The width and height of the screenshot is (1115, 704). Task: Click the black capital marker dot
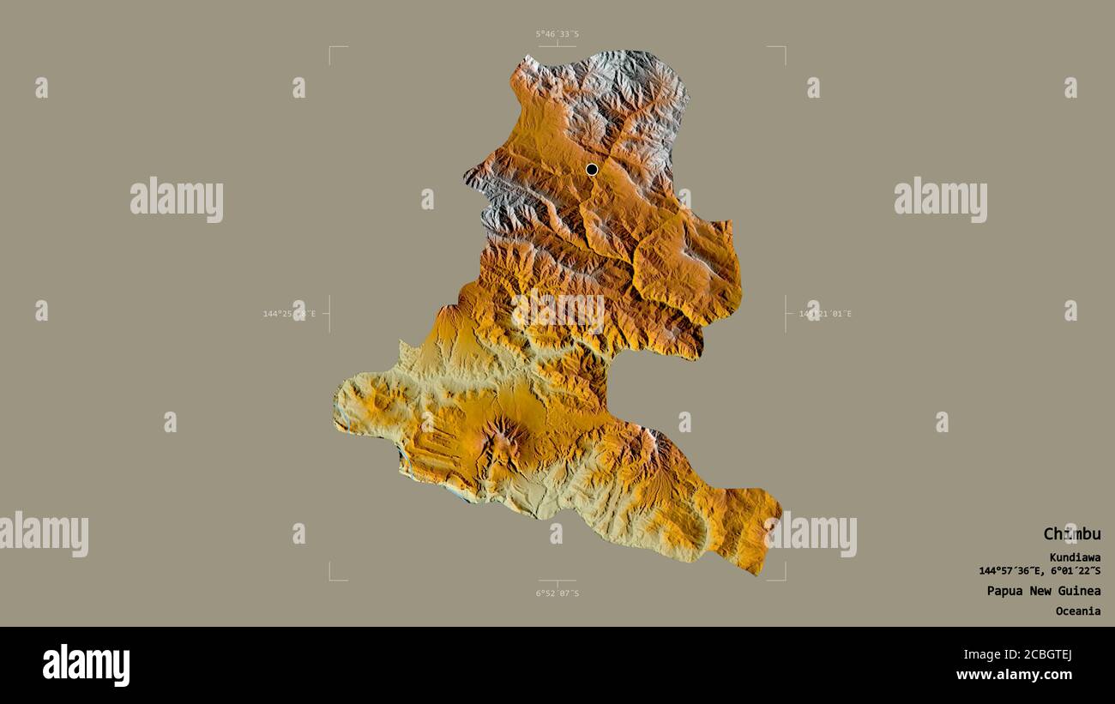point(592,170)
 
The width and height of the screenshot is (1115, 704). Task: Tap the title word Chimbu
point(1071,534)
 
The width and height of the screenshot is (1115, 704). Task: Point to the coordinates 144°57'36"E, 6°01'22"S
point(1040,571)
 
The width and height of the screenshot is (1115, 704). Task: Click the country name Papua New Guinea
point(1043,591)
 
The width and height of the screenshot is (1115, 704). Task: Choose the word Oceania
point(1078,611)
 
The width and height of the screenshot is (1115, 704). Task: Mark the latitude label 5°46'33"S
point(557,34)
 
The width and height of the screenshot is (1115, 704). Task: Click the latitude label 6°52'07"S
point(557,593)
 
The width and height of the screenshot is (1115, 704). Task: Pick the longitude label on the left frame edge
point(289,314)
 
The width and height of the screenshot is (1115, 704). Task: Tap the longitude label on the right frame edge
point(825,314)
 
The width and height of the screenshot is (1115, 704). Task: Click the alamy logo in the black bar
point(86,665)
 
